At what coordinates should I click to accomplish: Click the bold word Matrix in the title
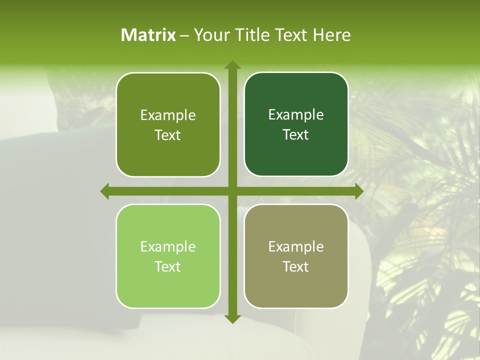(x=148, y=35)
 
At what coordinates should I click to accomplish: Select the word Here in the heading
(x=331, y=35)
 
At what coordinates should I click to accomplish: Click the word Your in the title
(x=210, y=35)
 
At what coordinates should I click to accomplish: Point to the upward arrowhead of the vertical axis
(x=232, y=65)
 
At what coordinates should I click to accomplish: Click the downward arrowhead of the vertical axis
(x=232, y=318)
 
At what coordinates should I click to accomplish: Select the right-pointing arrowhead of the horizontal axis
(x=359, y=191)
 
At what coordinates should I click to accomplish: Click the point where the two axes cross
(x=232, y=191)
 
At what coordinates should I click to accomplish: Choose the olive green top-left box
(x=168, y=124)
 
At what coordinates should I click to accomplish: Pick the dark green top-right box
(x=296, y=124)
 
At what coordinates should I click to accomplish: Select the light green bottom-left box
(x=168, y=256)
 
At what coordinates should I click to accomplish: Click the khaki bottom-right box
(x=296, y=256)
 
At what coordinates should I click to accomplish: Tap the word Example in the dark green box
(x=296, y=115)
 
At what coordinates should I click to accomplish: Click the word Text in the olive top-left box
(x=168, y=135)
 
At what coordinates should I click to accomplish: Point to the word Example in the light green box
(x=168, y=246)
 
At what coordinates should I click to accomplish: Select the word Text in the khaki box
(x=296, y=266)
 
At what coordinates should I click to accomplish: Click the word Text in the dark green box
(x=296, y=134)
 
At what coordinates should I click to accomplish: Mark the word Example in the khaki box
(x=296, y=246)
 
